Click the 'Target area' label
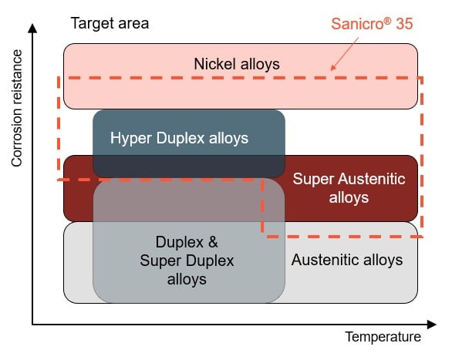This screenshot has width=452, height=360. coord(109,22)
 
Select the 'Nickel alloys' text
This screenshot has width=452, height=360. coord(236,64)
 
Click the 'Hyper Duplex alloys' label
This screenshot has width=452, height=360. coord(179,139)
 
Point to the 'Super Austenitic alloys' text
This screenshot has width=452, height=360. coord(349,188)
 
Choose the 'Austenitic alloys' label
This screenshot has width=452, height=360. coord(346,260)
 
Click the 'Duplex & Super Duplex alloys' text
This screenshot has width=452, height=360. coord(187,260)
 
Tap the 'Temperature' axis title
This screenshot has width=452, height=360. coord(383,338)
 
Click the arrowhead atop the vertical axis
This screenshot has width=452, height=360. coord(32,29)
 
